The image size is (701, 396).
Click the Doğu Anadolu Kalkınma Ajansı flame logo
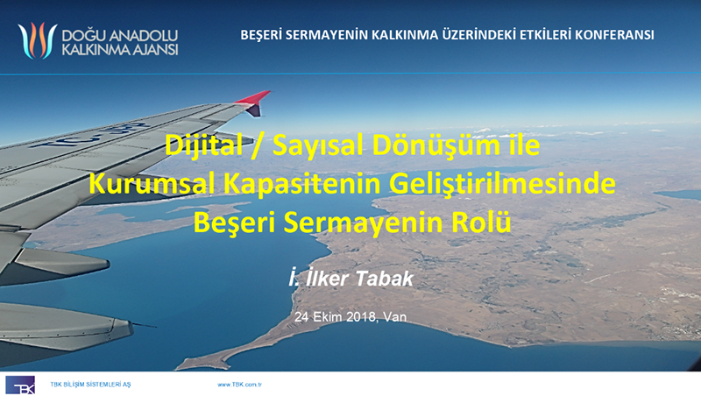click(38, 40)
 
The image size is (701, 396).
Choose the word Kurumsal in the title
click(152, 183)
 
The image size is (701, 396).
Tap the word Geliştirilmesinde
click(502, 184)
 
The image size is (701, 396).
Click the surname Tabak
click(385, 279)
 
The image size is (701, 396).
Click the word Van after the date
click(395, 317)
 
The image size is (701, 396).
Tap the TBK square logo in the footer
click(20, 385)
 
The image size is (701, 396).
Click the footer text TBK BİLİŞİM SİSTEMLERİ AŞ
click(90, 385)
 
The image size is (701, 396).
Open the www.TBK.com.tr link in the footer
click(239, 385)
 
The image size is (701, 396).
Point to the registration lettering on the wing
click(89, 135)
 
